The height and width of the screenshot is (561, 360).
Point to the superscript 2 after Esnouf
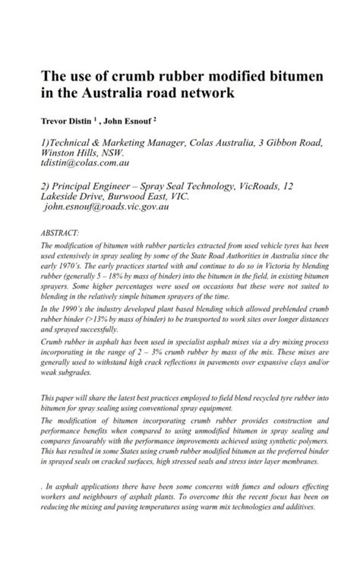(x=154, y=118)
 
